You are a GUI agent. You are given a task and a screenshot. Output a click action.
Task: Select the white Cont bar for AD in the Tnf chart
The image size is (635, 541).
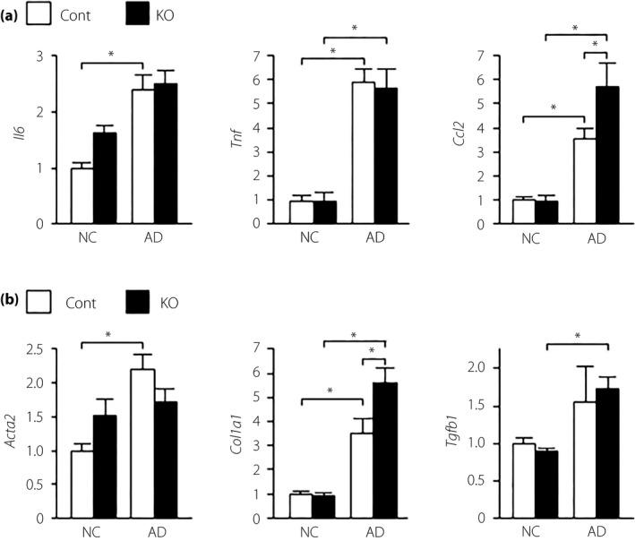pos(363,153)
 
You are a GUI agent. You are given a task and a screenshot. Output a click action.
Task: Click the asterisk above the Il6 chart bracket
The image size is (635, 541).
pos(112,56)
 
